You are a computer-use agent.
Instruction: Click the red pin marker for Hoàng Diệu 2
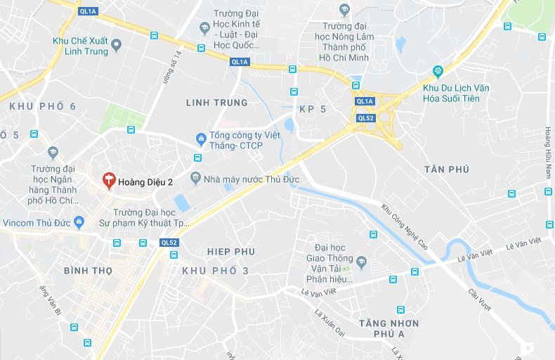pos(109,181)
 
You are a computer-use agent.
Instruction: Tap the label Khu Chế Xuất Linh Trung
pos(81,46)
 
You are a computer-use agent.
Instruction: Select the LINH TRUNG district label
pos(217,103)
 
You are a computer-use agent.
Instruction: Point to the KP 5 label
pos(313,110)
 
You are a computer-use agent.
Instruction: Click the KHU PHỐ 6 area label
pos(42,106)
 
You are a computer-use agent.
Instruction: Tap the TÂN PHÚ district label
pos(446,169)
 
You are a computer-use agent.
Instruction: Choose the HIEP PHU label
pos(231,252)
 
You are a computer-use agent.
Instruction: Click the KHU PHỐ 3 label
pos(215,271)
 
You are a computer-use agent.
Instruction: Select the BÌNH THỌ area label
pos(89,271)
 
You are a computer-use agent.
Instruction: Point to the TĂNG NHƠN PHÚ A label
pos(388,329)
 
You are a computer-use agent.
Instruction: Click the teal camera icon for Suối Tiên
pos(438,71)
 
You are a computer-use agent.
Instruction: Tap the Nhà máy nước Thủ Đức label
pos(251,179)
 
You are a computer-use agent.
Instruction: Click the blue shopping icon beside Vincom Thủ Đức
pos(79,223)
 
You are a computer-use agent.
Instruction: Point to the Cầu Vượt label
pos(481,300)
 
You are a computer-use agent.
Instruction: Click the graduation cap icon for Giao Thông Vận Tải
pos(361,262)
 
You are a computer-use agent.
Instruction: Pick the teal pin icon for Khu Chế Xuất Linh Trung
pos(117,46)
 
